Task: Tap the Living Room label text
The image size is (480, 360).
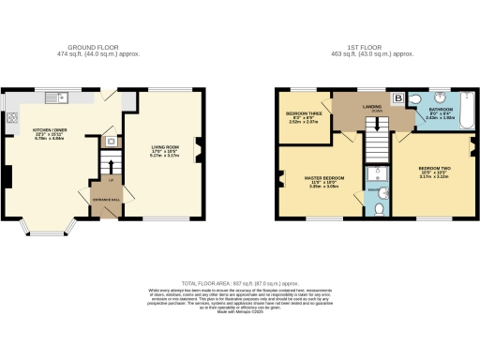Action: (167, 148)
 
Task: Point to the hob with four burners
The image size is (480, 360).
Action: (15, 118)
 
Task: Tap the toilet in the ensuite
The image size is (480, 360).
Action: (378, 210)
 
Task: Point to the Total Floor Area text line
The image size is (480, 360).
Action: (239, 282)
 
